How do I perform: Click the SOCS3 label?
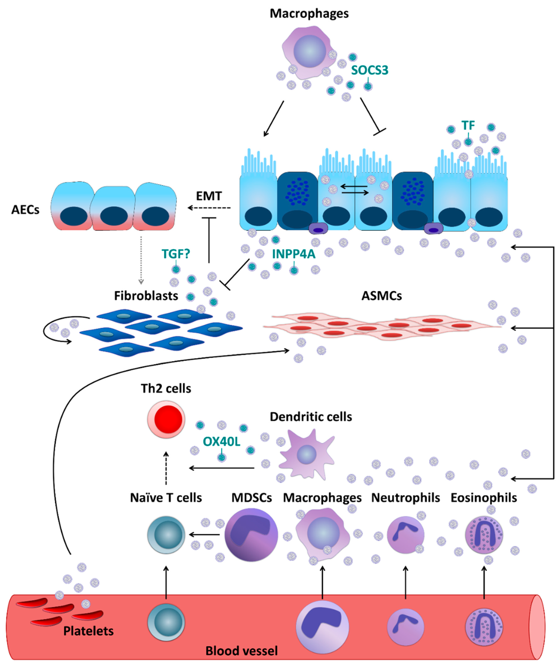point(369,70)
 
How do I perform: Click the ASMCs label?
point(382,296)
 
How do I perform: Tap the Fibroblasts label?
point(146,296)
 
